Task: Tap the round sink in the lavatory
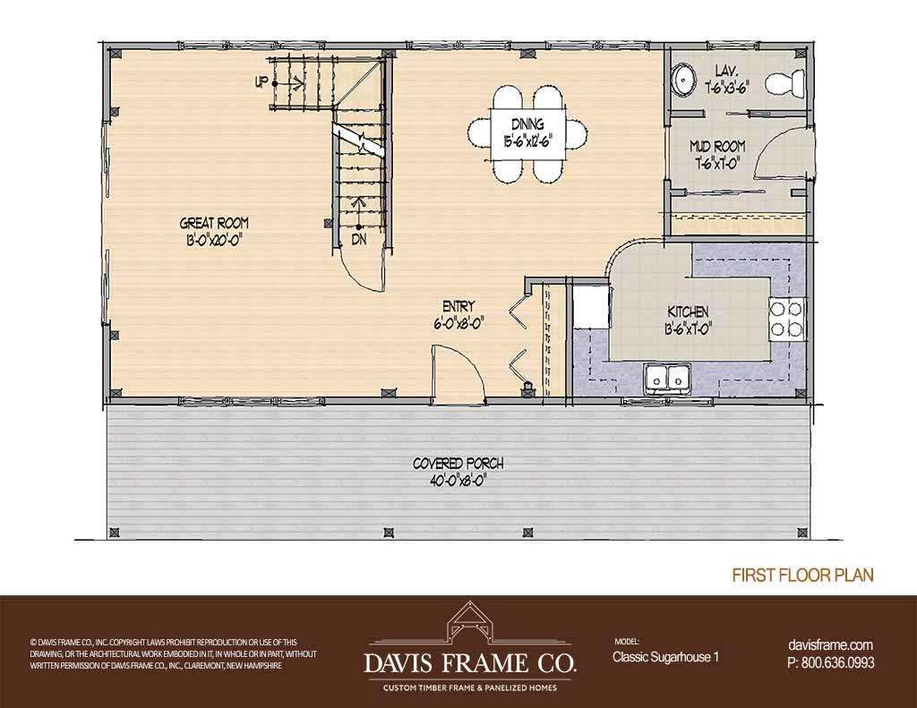click(x=681, y=80)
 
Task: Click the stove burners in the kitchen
click(x=786, y=319)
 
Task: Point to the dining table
click(x=527, y=134)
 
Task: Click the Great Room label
click(x=214, y=223)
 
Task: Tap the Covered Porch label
click(x=458, y=463)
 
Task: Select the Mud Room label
click(x=717, y=146)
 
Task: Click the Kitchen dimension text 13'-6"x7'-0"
click(x=688, y=329)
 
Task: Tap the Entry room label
click(x=458, y=306)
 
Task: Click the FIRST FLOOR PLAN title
click(x=803, y=576)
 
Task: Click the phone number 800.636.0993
click(x=837, y=663)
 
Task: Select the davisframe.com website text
click(x=830, y=645)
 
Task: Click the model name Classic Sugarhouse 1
click(x=665, y=657)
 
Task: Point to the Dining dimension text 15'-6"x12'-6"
click(x=527, y=141)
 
